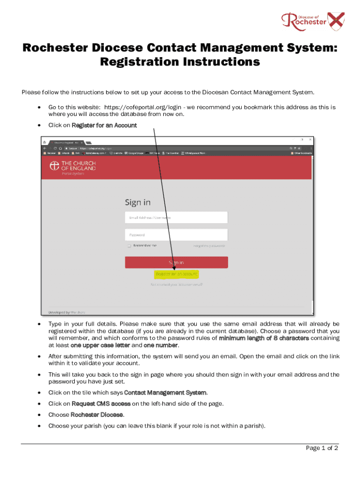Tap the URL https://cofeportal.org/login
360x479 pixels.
[x=142, y=107]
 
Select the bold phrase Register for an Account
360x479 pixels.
[x=104, y=125]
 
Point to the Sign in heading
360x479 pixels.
[x=137, y=202]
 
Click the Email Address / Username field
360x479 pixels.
[x=176, y=218]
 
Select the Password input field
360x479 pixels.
[x=176, y=235]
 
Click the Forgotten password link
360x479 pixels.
[x=209, y=246]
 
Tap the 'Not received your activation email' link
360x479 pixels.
[x=176, y=284]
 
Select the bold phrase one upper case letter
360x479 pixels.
[x=100, y=345]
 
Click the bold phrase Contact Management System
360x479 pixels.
[x=166, y=392]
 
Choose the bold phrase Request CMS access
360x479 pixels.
[x=101, y=403]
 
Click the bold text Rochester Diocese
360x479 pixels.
[x=97, y=414]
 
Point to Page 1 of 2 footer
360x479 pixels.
[x=322, y=448]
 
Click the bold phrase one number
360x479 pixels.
[x=160, y=345]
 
